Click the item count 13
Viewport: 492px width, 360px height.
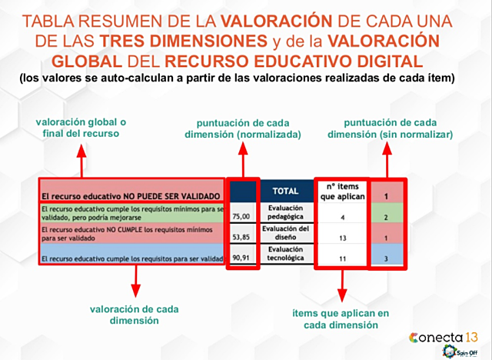(341, 238)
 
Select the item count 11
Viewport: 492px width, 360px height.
(341, 259)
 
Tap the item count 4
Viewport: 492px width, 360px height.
(341, 217)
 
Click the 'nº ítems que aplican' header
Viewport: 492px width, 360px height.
(341, 191)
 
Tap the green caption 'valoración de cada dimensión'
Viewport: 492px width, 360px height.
(135, 315)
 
